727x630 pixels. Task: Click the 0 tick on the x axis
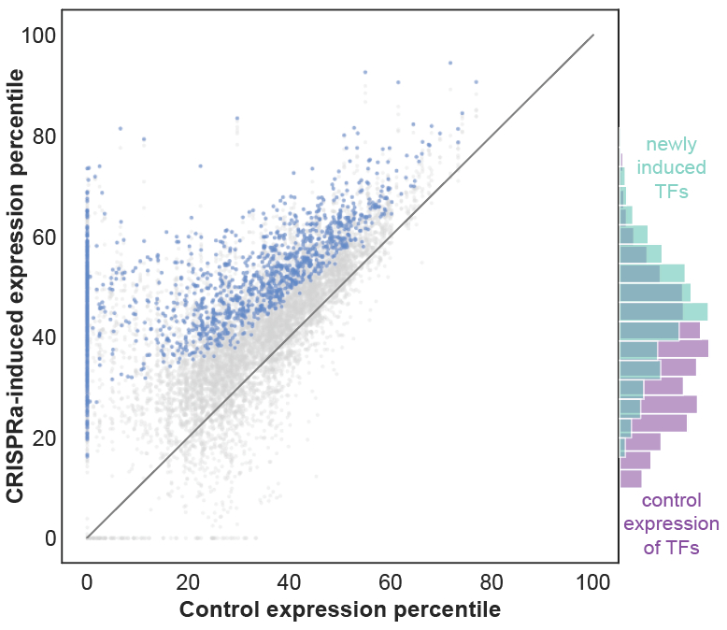(x=87, y=581)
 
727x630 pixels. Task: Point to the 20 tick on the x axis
(x=188, y=581)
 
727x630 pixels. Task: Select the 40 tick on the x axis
(x=290, y=581)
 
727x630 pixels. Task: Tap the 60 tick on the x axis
(x=391, y=581)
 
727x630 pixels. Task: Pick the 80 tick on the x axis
(x=492, y=581)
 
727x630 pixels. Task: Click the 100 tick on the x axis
(x=592, y=581)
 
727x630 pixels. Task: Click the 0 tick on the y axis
(x=45, y=538)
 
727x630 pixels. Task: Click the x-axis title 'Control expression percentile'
(x=339, y=610)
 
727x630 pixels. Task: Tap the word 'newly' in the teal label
(x=671, y=145)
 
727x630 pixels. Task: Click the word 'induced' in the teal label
(x=671, y=168)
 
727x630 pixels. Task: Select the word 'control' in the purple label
(x=671, y=500)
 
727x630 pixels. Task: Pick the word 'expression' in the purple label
(x=671, y=523)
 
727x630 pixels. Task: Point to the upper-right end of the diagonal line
(x=593, y=36)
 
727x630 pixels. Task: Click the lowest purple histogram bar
(x=631, y=478)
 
